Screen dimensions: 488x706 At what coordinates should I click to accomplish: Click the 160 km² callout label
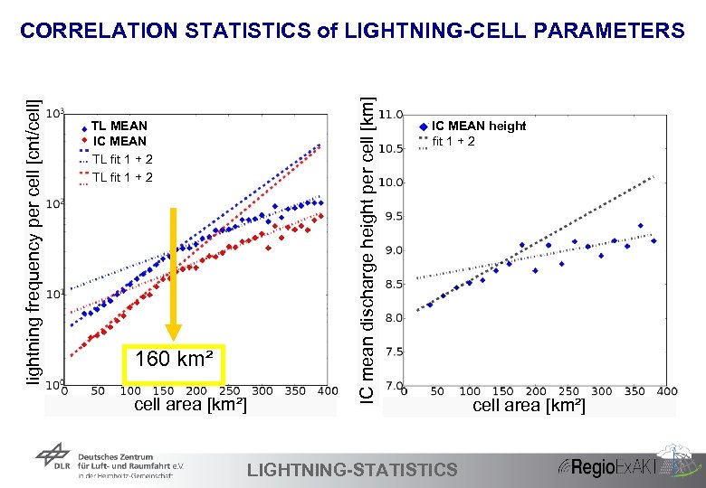tap(174, 361)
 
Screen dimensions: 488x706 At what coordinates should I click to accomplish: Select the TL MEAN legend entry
tap(119, 126)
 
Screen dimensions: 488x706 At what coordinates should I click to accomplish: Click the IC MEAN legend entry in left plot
tap(119, 141)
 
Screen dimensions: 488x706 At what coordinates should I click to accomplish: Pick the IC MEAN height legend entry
tap(478, 126)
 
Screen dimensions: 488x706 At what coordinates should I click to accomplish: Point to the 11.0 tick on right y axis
tap(391, 116)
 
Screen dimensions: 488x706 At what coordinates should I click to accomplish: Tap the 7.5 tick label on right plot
tap(394, 352)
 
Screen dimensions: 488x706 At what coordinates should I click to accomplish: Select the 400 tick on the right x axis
tap(666, 391)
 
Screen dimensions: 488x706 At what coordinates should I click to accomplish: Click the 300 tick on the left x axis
tap(262, 391)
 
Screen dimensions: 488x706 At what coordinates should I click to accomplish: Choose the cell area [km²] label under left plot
tap(189, 405)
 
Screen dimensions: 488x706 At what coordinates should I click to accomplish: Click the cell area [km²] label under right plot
tap(529, 406)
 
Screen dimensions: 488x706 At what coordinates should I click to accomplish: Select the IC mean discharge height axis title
tap(366, 239)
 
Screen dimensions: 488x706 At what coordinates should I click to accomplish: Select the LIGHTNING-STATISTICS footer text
tap(352, 469)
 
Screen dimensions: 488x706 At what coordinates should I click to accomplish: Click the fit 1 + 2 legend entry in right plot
tap(453, 141)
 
